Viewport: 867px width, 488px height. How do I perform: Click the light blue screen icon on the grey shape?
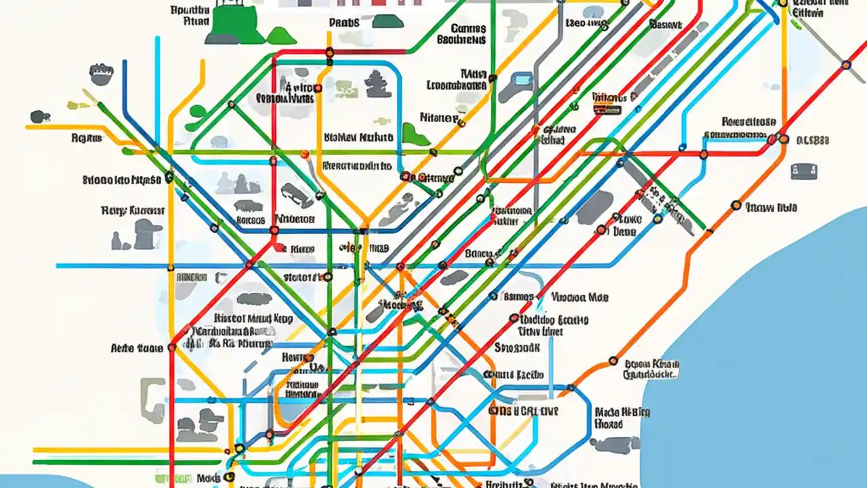[x=521, y=80]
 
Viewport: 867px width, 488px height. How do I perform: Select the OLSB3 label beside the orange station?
[x=812, y=141]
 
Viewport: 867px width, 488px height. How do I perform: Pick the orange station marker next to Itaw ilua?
[x=736, y=205]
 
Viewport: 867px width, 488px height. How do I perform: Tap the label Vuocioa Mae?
[x=580, y=297]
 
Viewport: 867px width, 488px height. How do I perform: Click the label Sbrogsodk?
[x=517, y=348]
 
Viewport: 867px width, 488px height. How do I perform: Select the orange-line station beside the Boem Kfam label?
[x=614, y=361]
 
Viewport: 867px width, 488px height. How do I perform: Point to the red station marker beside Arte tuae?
[x=171, y=348]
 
